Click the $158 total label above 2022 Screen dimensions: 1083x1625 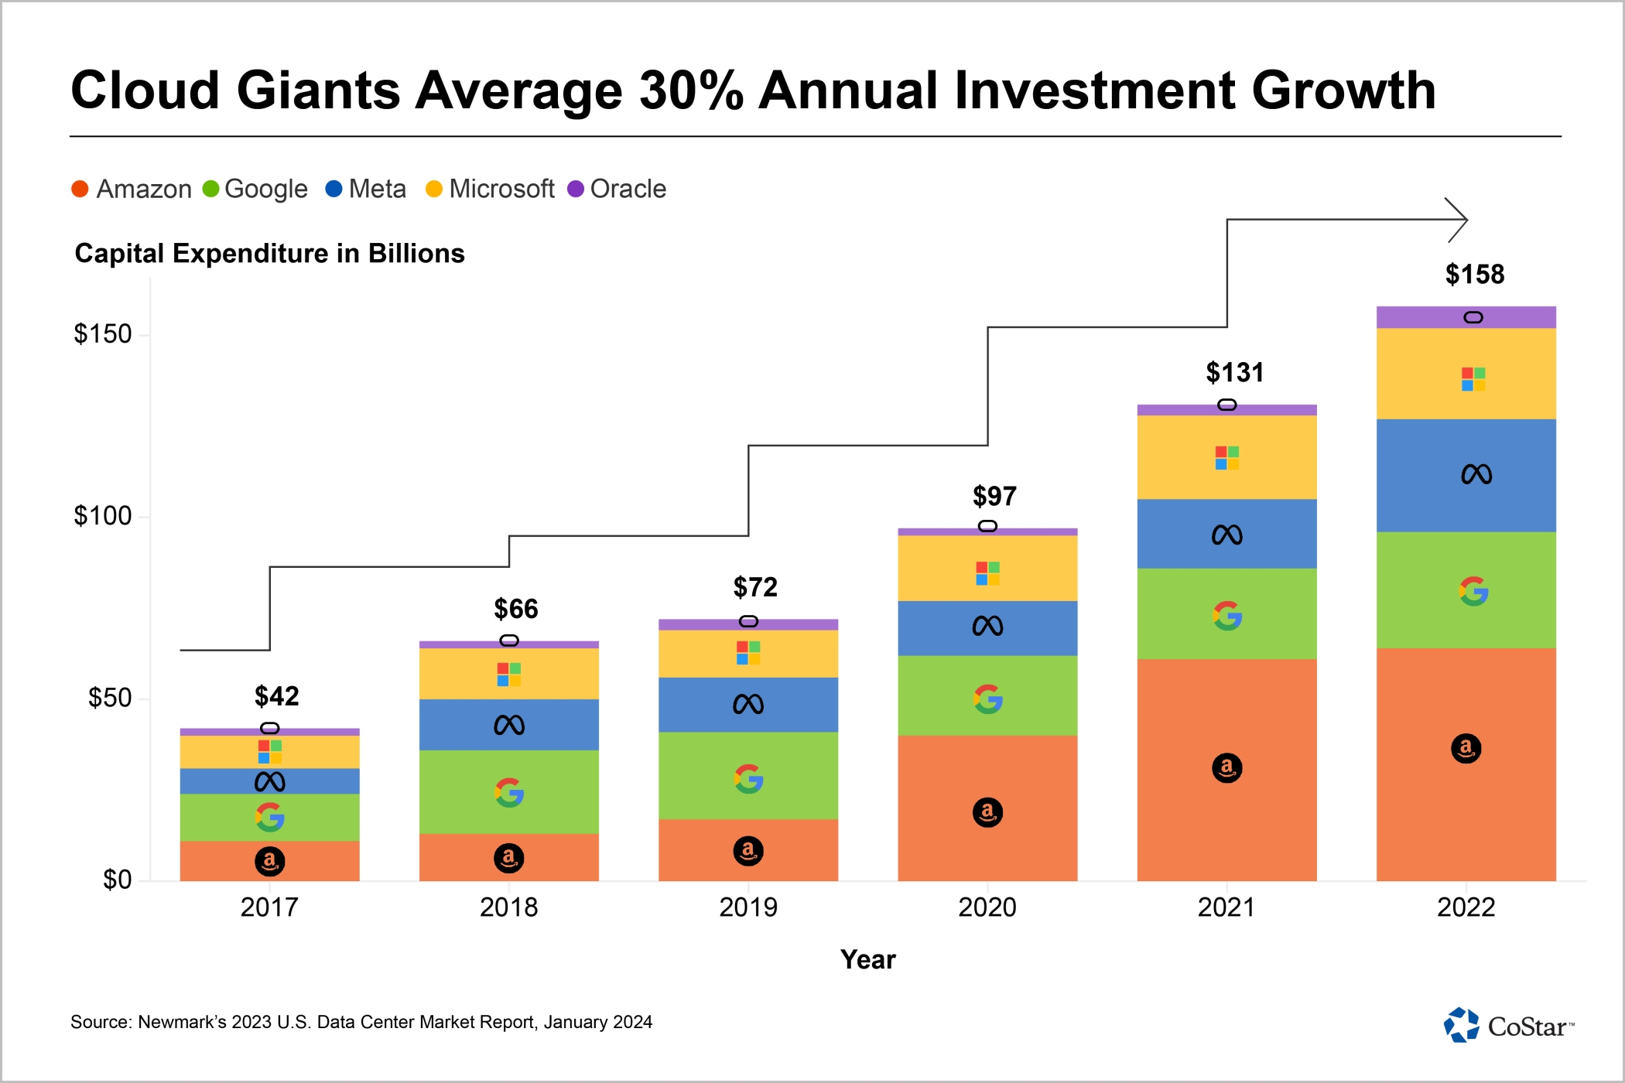(x=1474, y=275)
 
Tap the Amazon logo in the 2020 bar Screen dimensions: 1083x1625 (x=987, y=812)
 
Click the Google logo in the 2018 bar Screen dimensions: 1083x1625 (x=509, y=793)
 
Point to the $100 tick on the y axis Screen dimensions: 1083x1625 (x=102, y=516)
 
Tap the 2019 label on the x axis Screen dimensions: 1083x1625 (x=747, y=907)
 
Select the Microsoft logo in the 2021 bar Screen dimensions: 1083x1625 (x=1226, y=458)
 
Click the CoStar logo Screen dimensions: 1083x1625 (x=1508, y=1026)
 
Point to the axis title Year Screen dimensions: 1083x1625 (x=867, y=960)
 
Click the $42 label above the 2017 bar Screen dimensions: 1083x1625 (x=276, y=696)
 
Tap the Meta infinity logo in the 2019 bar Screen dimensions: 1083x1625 (x=747, y=704)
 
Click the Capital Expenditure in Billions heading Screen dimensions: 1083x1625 (x=269, y=254)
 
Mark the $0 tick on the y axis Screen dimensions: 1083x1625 (x=117, y=880)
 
